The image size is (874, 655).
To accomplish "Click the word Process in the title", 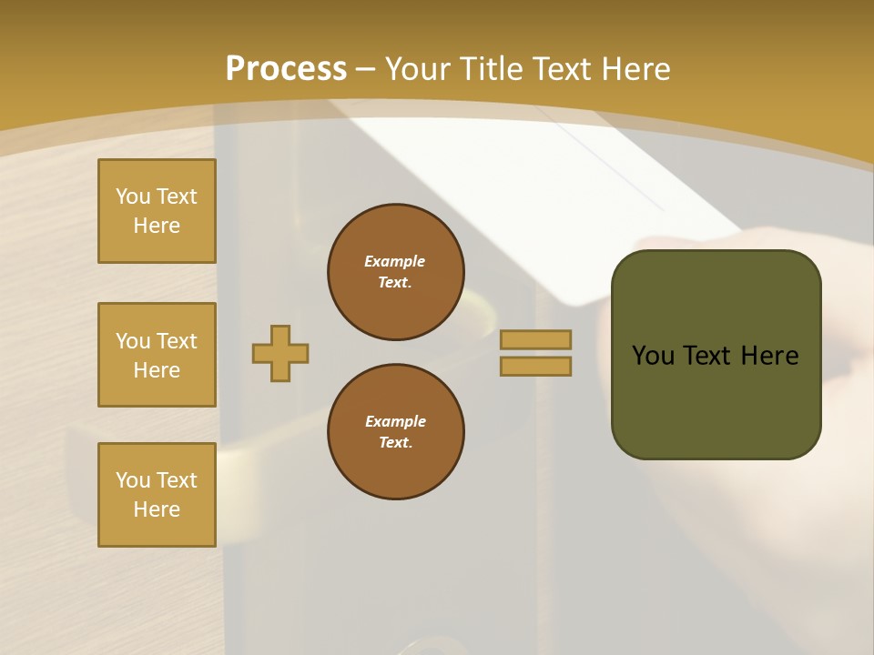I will (286, 69).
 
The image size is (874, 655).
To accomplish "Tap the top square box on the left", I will (157, 211).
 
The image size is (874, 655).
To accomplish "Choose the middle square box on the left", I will (157, 355).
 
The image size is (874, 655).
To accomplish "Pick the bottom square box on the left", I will (157, 495).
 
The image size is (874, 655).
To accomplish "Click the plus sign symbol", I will (280, 353).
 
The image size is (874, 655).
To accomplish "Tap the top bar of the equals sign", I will (535, 339).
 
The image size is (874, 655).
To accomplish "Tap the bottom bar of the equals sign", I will (535, 366).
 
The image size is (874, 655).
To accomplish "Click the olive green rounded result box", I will (716, 400).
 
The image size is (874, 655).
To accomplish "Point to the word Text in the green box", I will (706, 356).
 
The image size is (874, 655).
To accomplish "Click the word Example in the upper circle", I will (394, 261).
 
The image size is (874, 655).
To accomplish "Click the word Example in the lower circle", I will (395, 421).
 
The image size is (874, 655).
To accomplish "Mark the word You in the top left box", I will (133, 196).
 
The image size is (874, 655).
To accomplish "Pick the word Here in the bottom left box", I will (157, 509).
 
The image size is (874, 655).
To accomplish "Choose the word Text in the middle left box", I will (177, 341).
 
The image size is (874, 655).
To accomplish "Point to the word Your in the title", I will (422, 69).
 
